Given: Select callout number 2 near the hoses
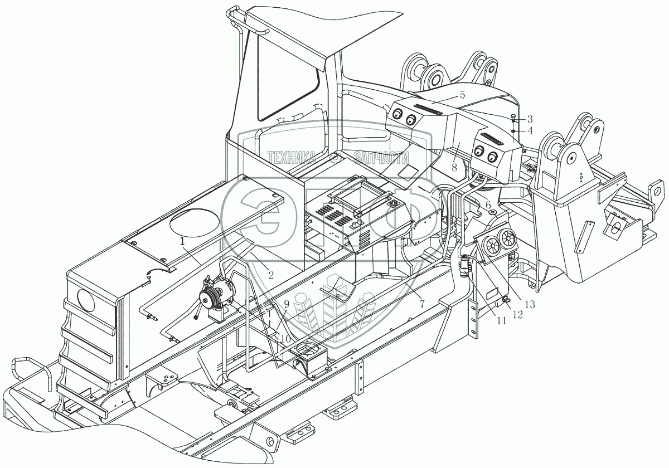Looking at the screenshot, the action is [270, 274].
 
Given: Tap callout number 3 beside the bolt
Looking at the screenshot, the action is [530, 119].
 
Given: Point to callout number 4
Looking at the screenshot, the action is [530, 131].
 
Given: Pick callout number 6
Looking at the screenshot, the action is [488, 205].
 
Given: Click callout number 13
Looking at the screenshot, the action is [529, 304].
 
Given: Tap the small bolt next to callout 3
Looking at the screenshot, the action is [513, 118].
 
